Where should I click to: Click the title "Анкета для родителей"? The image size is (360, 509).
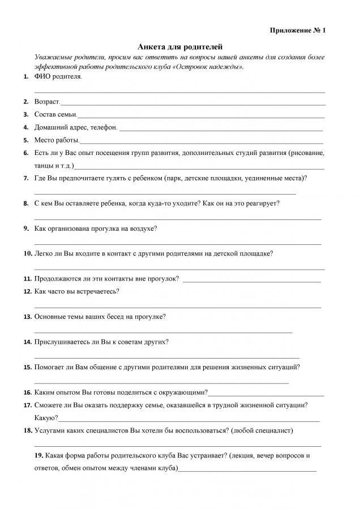click(x=179, y=47)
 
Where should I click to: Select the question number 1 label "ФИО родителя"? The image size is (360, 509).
click(x=57, y=76)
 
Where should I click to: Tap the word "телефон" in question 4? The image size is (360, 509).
click(x=104, y=127)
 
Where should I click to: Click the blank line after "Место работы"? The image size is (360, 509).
click(x=201, y=141)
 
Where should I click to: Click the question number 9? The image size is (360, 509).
click(x=27, y=228)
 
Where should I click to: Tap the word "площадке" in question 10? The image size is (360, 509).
click(x=256, y=253)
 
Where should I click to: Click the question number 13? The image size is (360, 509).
click(x=27, y=317)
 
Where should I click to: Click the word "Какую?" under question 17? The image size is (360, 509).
click(x=46, y=418)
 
